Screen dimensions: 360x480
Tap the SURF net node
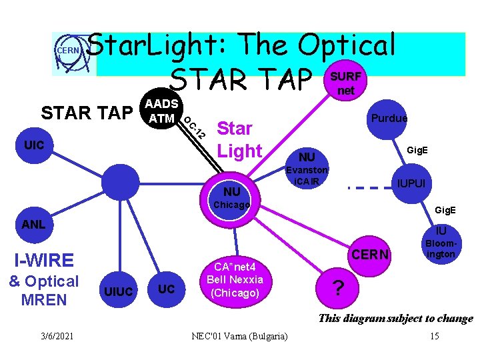pos(345,83)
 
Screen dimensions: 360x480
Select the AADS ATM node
pos(161,111)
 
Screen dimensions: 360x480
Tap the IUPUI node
pos(411,183)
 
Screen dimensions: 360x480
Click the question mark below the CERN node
pos(339,288)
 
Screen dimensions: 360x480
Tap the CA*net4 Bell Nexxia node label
pos(235,279)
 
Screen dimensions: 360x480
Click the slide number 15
pos(434,335)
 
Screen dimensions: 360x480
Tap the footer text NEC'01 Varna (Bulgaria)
pos(239,335)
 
